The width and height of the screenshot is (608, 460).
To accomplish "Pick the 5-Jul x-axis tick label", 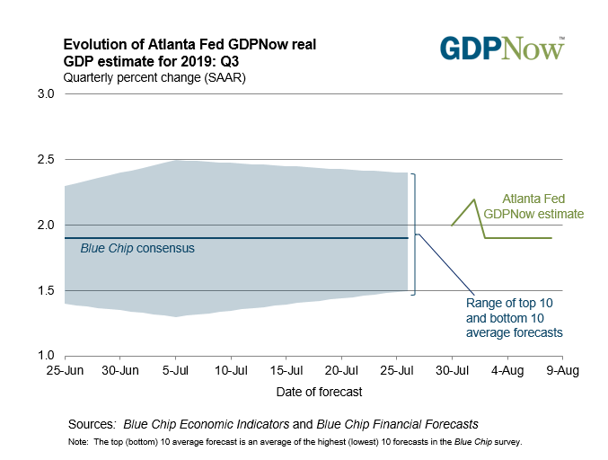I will point(176,370).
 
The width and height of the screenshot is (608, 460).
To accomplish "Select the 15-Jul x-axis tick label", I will point(286,370).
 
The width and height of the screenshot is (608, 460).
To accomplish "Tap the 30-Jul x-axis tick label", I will point(452,370).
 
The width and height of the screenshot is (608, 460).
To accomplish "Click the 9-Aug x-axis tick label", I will point(562,370).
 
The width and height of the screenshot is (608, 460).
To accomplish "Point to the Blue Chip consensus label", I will point(137,248).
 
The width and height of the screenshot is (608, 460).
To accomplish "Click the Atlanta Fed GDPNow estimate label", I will point(533,207).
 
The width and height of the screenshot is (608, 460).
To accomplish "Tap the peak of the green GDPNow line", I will point(473,199).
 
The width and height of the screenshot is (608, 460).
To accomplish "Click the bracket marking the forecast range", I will point(414,234).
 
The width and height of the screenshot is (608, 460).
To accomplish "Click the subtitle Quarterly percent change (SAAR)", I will point(154,77).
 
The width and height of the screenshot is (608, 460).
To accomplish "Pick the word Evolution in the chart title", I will point(93,44).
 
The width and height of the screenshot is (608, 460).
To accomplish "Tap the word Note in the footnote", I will point(78,443).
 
